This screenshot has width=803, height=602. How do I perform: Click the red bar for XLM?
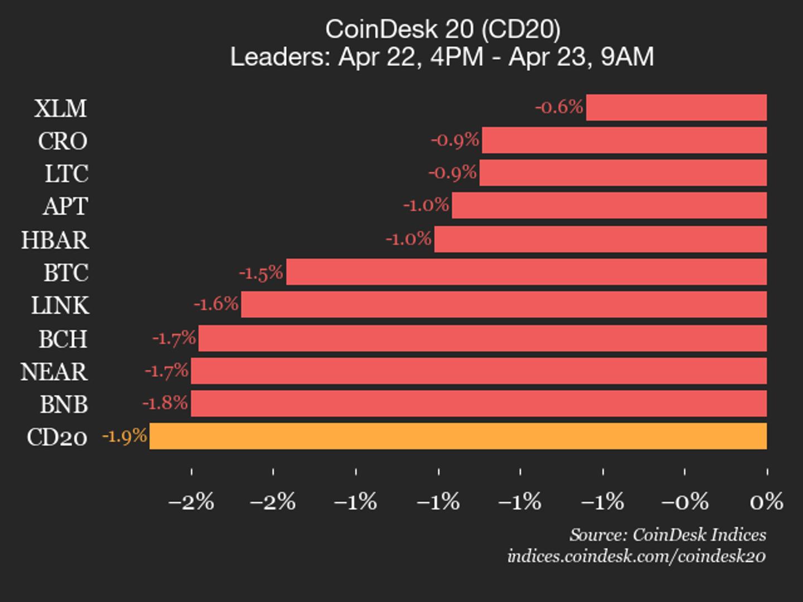[x=676, y=108]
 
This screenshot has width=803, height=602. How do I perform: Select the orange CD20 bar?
[x=457, y=436]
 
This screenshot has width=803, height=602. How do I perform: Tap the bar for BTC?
[x=526, y=272]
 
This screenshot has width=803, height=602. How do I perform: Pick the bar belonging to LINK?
[x=504, y=305]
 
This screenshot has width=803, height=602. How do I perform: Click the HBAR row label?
[x=55, y=240]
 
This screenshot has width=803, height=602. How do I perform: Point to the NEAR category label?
[x=54, y=372]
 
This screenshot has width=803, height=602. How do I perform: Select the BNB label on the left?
[x=64, y=404]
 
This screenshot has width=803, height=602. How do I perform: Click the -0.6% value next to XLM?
[x=559, y=106]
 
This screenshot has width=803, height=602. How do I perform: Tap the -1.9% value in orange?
[x=124, y=436]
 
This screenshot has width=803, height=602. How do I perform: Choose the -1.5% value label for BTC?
[x=261, y=273]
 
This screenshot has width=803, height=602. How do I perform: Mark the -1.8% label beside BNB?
[x=165, y=403]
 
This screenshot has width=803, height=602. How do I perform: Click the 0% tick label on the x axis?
[x=766, y=502]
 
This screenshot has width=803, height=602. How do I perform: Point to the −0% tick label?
[x=684, y=502]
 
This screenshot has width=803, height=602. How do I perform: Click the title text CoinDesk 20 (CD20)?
[x=442, y=29]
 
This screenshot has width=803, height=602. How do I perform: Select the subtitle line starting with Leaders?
[x=442, y=57]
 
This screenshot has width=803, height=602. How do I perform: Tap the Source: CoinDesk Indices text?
[x=667, y=535]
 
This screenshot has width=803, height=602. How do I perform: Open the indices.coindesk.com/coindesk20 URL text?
[x=636, y=556]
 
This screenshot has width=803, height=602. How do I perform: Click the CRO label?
[x=62, y=141]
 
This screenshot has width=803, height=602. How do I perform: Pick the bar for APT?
[x=609, y=206]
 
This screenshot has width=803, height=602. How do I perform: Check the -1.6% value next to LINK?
[x=216, y=304]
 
